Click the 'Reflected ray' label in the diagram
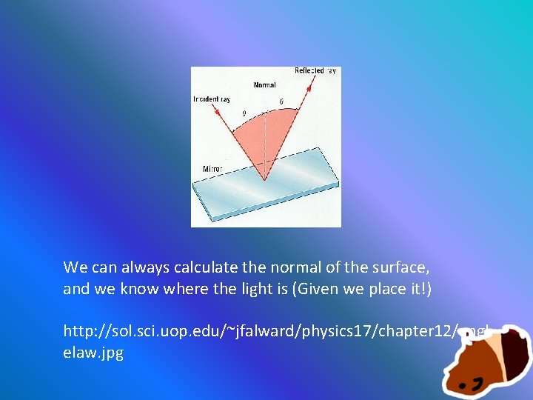(315, 71)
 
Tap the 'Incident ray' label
(212, 99)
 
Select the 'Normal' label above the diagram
(264, 85)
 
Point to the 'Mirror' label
(212, 169)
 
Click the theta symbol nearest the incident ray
(244, 113)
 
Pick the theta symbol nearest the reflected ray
(281, 101)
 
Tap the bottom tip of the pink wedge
(264, 181)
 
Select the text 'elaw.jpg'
(93, 353)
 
